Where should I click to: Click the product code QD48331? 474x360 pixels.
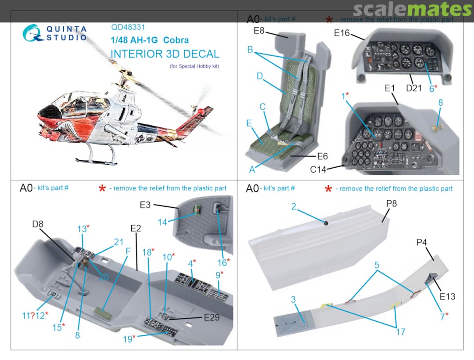point(128,27)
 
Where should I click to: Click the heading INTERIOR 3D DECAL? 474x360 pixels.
point(165,54)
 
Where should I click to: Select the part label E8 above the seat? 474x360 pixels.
point(259,31)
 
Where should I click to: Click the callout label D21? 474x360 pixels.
point(413,88)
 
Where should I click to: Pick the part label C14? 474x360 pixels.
point(318,169)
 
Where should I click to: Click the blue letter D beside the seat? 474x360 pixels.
point(259,76)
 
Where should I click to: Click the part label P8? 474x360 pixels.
point(392,204)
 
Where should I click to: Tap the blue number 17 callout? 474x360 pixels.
point(400,332)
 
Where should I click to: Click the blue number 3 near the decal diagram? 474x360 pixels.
point(293,300)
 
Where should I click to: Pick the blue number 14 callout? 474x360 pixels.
point(162,222)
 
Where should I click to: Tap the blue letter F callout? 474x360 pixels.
point(128,252)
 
